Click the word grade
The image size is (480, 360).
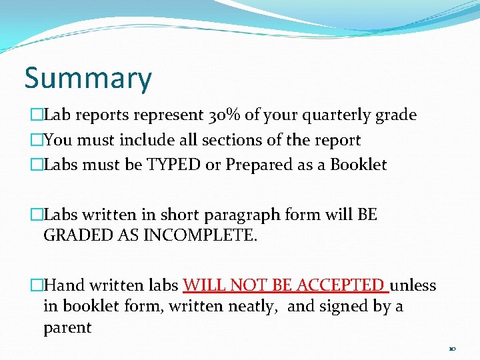click(397, 115)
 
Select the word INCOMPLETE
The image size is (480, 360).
click(201, 235)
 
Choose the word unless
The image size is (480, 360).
click(413, 285)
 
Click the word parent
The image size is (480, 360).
click(67, 327)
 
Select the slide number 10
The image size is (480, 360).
click(452, 348)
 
